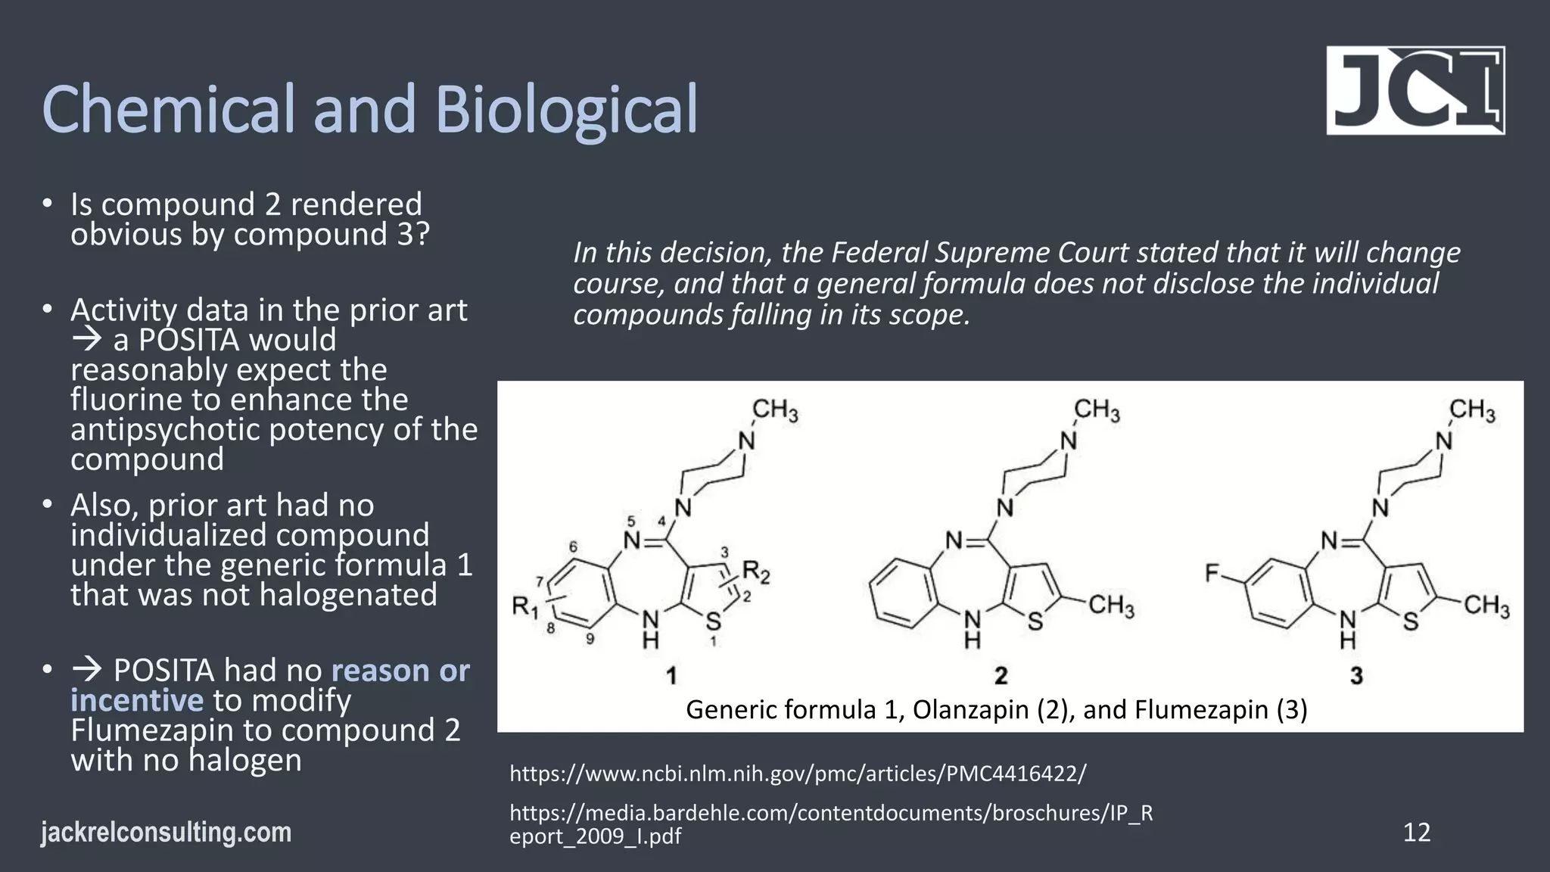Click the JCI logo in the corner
pos(1415,91)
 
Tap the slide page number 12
pos(1416,832)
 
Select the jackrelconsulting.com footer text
pos(166,832)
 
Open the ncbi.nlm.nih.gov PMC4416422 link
pos(798,774)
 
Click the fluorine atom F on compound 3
pos(1212,574)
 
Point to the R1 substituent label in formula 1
pos(525,606)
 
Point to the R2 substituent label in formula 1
pos(755,571)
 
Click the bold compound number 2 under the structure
pos(1001,676)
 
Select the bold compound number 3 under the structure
pos(1356,676)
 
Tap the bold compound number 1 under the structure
pos(671,676)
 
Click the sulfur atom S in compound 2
pos(1035,622)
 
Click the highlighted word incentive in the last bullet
pos(137,700)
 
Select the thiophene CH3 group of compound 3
pos(1486,606)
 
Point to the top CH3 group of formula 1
pos(775,411)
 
